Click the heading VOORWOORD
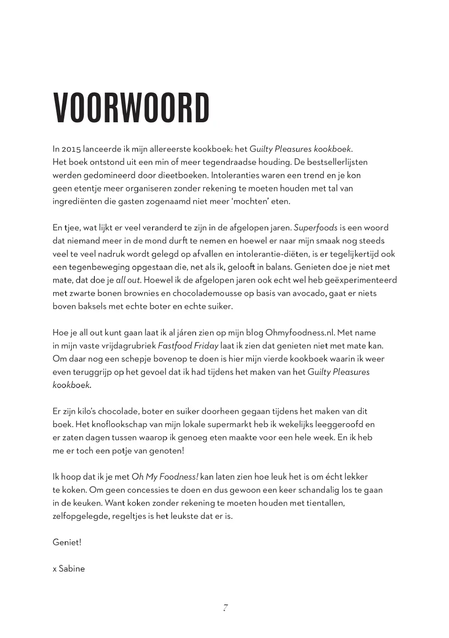click(x=131, y=109)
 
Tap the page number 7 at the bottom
click(x=225, y=607)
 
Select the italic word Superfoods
click(x=316, y=228)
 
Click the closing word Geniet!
click(x=67, y=542)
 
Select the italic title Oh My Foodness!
click(x=165, y=477)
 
